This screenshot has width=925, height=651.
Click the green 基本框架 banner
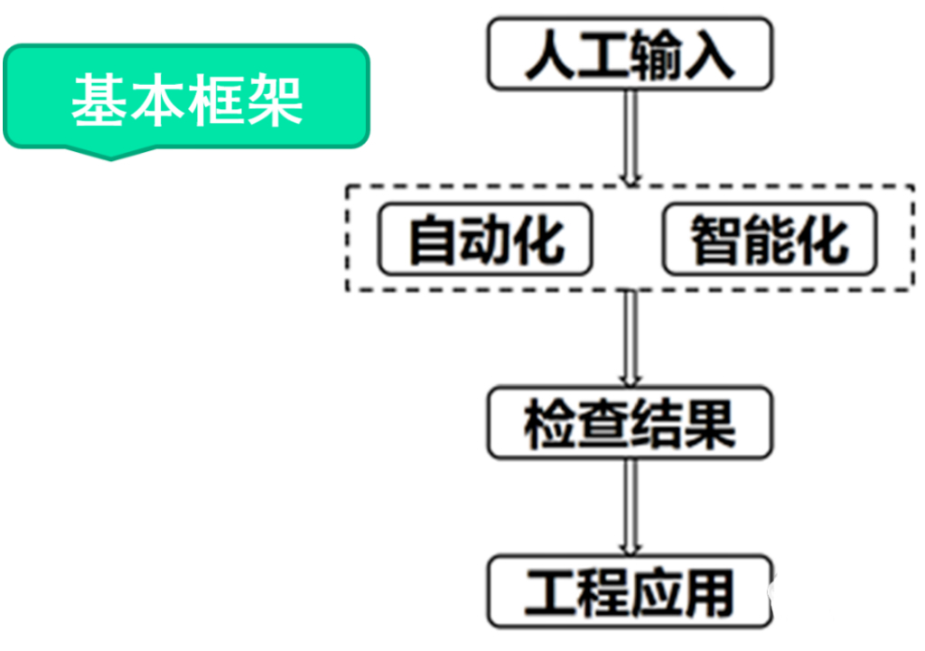pyautogui.click(x=187, y=97)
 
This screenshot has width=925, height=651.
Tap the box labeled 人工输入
pyautogui.click(x=630, y=55)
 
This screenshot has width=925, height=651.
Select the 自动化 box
pyautogui.click(x=485, y=240)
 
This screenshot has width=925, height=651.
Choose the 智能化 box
pyautogui.click(x=769, y=240)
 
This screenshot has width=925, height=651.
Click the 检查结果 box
pyautogui.click(x=630, y=422)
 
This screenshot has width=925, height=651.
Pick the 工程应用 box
pyautogui.click(x=630, y=593)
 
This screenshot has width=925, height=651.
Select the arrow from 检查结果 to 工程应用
pyautogui.click(x=631, y=506)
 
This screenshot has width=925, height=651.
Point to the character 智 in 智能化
pyautogui.click(x=716, y=241)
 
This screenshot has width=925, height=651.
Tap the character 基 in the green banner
pyautogui.click(x=98, y=98)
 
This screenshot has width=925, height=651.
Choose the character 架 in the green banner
pyautogui.click(x=275, y=98)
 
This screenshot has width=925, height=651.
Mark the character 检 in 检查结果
pyautogui.click(x=550, y=423)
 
